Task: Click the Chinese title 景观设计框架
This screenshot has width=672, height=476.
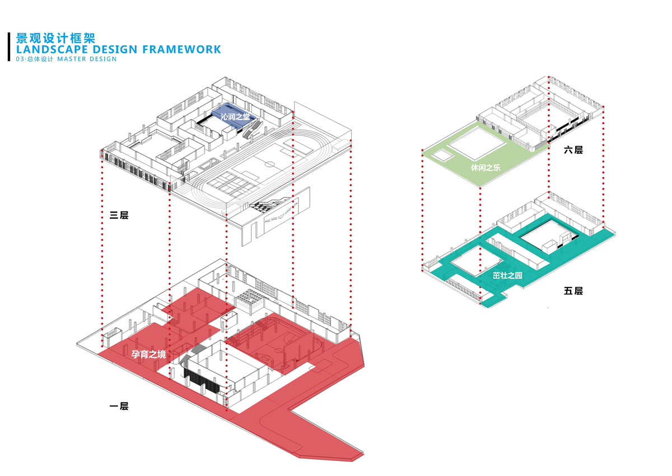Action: (x=56, y=38)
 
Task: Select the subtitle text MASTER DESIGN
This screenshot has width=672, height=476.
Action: (x=87, y=59)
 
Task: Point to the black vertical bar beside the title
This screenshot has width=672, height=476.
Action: (x=10, y=46)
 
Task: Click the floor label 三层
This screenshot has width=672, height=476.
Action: (x=119, y=215)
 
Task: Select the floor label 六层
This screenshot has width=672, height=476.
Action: (x=573, y=150)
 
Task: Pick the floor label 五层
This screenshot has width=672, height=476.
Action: (x=573, y=291)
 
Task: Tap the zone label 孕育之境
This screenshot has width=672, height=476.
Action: (x=148, y=354)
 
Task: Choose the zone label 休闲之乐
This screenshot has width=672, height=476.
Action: (x=485, y=167)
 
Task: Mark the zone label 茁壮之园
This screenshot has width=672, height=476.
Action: (x=507, y=275)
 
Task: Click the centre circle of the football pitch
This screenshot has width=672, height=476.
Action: (x=270, y=164)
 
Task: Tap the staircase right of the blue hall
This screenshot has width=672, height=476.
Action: (x=253, y=129)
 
